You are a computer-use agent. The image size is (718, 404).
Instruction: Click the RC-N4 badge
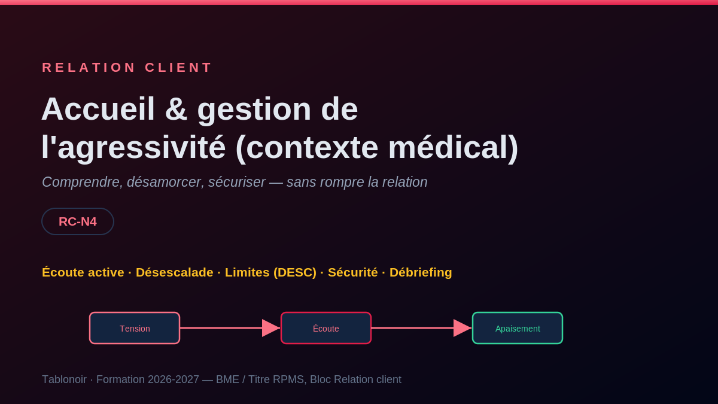(78, 221)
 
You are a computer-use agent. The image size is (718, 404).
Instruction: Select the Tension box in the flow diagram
(135, 328)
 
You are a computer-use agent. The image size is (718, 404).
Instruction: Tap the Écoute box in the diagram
(326, 328)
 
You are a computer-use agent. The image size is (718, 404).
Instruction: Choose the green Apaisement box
(518, 328)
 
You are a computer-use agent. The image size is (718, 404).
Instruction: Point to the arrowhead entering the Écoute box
(271, 328)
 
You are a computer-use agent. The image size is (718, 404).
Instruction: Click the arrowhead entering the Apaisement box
(462, 328)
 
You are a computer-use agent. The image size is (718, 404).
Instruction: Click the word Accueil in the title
(98, 109)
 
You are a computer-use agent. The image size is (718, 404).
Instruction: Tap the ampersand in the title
(176, 109)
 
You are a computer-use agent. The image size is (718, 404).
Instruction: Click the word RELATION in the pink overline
(89, 68)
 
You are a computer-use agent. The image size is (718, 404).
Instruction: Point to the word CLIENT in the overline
(178, 68)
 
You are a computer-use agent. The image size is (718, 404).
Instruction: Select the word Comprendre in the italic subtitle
(83, 182)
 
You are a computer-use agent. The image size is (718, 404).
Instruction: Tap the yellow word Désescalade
(174, 272)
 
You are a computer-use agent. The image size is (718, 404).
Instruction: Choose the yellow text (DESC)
(294, 272)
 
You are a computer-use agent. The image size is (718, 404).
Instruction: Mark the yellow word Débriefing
(421, 272)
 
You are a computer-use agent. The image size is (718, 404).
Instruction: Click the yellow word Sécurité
(352, 272)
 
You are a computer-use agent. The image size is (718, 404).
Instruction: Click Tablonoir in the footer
(64, 379)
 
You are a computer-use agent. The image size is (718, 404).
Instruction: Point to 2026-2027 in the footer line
(174, 379)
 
